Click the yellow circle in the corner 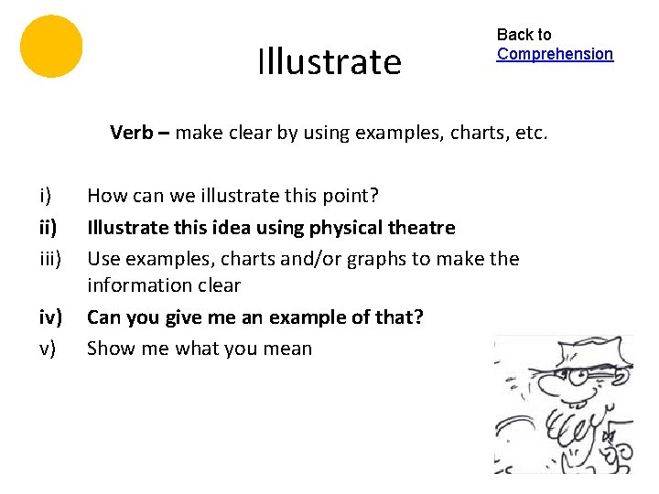click(x=51, y=46)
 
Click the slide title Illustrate click(x=329, y=62)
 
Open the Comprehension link click(x=555, y=54)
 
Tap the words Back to click(x=524, y=35)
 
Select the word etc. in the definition click(x=531, y=133)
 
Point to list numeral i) click(x=45, y=196)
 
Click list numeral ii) click(x=48, y=227)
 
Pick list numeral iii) click(x=49, y=258)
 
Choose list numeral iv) click(x=49, y=317)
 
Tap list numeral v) click(x=47, y=349)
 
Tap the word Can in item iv click(x=103, y=317)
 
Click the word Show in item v click(x=110, y=349)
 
